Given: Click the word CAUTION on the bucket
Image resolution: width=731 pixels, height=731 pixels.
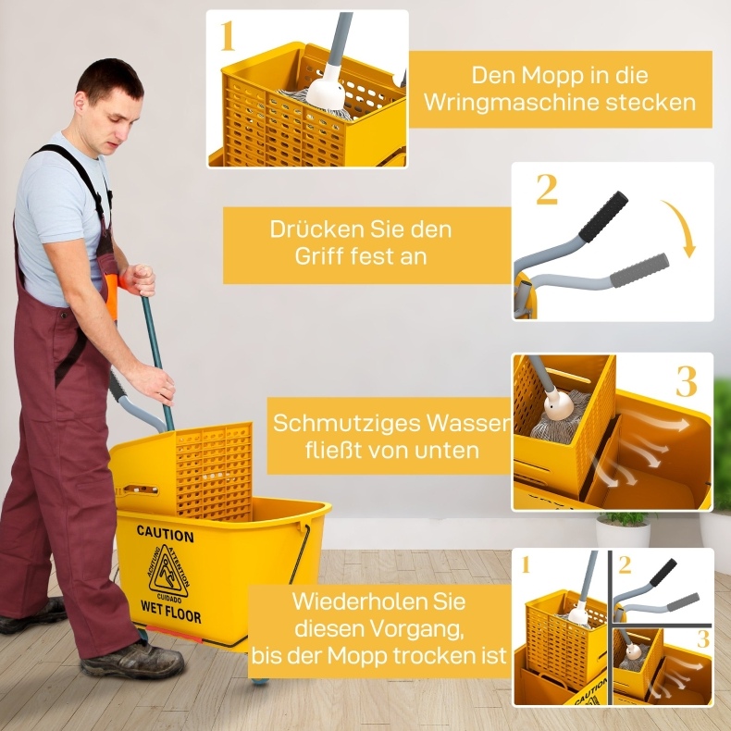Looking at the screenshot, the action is coord(166,535).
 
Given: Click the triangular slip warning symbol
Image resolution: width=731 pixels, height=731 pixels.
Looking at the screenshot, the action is coord(168,573).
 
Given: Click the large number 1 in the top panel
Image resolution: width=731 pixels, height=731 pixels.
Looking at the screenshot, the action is coord(227,35).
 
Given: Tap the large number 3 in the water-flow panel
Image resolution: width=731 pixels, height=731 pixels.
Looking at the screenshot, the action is coord(687,381).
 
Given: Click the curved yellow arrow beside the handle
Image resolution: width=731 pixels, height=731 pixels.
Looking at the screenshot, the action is coord(683,227).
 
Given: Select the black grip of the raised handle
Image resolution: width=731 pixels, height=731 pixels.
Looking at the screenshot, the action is coord(603,217).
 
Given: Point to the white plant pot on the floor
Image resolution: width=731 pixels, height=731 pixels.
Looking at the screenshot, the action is coord(624,534).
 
